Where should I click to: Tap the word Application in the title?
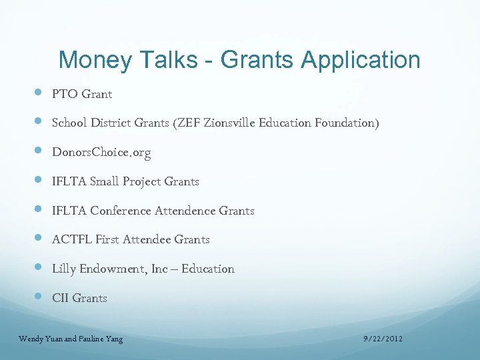tap(361, 60)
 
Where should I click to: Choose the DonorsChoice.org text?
tap(101, 153)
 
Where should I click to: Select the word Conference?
tap(121, 211)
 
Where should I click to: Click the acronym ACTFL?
tap(71, 239)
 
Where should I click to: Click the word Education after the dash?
tap(208, 269)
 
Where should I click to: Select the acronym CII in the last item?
tap(60, 298)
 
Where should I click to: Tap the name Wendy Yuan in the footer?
tap(38, 339)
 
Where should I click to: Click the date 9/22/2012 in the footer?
tap(383, 339)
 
